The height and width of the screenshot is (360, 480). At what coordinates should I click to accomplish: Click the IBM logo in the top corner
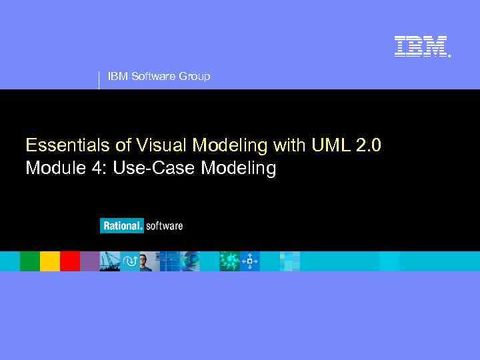(x=421, y=46)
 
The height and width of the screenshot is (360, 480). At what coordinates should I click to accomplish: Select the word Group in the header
(x=194, y=77)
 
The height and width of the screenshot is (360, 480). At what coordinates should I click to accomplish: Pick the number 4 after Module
(x=99, y=169)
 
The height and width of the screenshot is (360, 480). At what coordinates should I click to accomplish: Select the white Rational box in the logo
(x=121, y=226)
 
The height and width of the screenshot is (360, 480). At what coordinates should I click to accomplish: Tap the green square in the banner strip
(x=30, y=261)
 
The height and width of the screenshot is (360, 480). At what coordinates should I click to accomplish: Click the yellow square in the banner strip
(x=50, y=261)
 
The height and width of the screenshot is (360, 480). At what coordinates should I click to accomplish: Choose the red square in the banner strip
(x=70, y=261)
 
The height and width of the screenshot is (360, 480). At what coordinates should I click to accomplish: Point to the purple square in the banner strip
(x=89, y=261)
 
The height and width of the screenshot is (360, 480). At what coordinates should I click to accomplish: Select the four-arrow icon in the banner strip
(x=250, y=261)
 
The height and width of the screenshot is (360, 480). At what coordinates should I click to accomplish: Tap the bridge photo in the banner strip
(x=110, y=261)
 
